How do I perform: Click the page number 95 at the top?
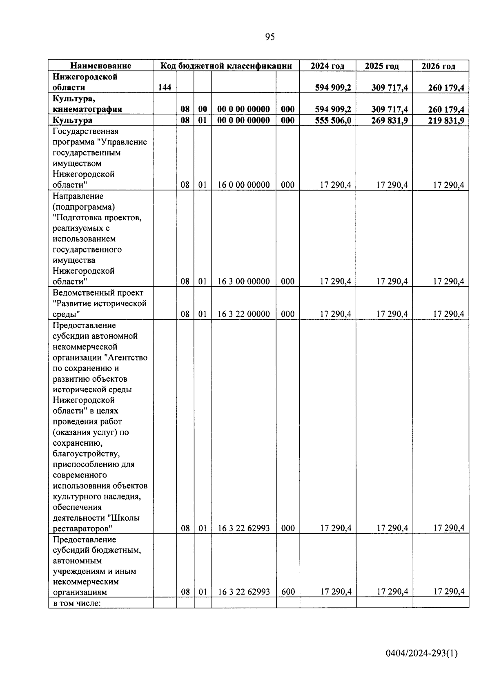coord(270,37)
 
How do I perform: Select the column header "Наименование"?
coord(100,66)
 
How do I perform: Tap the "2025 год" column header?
coord(382,66)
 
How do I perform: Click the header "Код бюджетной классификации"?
coord(226,66)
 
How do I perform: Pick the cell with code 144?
coord(164,87)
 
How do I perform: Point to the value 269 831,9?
coord(390,120)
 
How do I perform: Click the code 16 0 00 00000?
coord(243,185)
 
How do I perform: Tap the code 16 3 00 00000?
coord(243,281)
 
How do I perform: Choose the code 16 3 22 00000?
coord(243,314)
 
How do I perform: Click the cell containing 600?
coord(288,592)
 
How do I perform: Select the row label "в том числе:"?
coord(77,602)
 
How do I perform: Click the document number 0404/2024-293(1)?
coord(422,654)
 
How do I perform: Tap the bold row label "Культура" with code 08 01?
coord(72,120)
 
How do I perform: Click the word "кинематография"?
coord(87,109)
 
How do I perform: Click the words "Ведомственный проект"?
coord(98,293)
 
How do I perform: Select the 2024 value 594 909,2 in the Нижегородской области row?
coord(333,87)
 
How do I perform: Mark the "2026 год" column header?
coord(439,66)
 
